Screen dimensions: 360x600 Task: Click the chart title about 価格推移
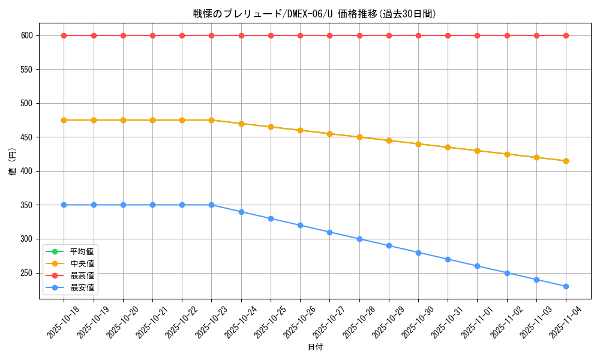pyautogui.click(x=314, y=14)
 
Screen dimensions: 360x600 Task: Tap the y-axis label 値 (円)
pyautogui.click(x=13, y=162)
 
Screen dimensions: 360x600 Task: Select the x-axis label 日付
pyautogui.click(x=315, y=347)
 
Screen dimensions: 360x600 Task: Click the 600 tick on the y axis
pyautogui.click(x=26, y=35)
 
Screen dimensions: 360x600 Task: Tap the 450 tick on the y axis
pyautogui.click(x=26, y=137)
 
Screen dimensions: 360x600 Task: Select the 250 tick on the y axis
pyautogui.click(x=26, y=273)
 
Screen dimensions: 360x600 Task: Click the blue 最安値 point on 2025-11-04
pyautogui.click(x=566, y=286)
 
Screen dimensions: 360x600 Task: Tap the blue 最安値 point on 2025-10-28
pyautogui.click(x=359, y=239)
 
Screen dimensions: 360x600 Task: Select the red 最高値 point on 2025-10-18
pyautogui.click(x=64, y=35)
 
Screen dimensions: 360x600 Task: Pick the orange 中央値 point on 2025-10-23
pyautogui.click(x=211, y=120)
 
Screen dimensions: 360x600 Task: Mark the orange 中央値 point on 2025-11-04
pyautogui.click(x=566, y=161)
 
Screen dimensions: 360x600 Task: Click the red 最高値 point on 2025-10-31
pyautogui.click(x=448, y=35)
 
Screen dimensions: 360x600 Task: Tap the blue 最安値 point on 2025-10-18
pyautogui.click(x=64, y=205)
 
